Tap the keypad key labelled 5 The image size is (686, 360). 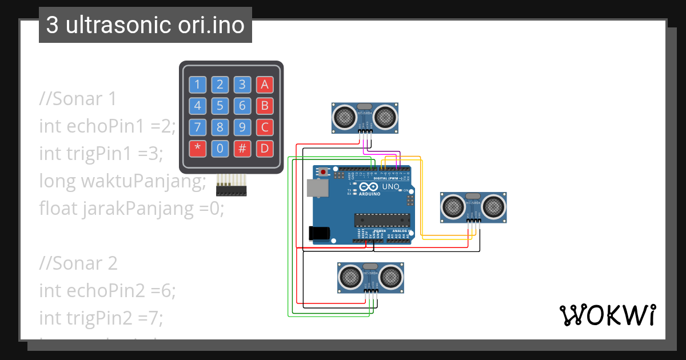(220, 106)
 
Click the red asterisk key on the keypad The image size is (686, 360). (197, 149)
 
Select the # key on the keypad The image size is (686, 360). (242, 149)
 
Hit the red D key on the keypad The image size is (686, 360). (264, 149)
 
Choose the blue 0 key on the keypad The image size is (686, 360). (220, 149)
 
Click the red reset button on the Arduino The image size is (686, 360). (324, 171)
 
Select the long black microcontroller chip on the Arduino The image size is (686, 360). (382, 220)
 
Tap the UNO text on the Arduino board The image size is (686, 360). (390, 187)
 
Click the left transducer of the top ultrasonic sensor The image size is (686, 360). (345, 117)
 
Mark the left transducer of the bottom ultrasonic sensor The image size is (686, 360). (350, 277)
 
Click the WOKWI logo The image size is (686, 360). (607, 315)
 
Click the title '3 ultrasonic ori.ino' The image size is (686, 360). (145, 26)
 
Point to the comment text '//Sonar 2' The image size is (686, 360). (78, 263)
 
